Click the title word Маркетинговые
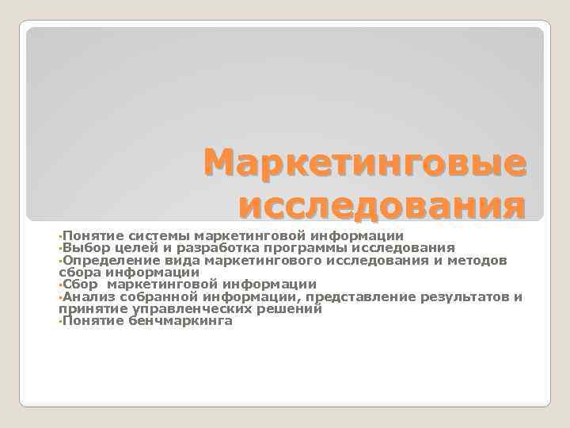364,164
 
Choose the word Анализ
85,296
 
